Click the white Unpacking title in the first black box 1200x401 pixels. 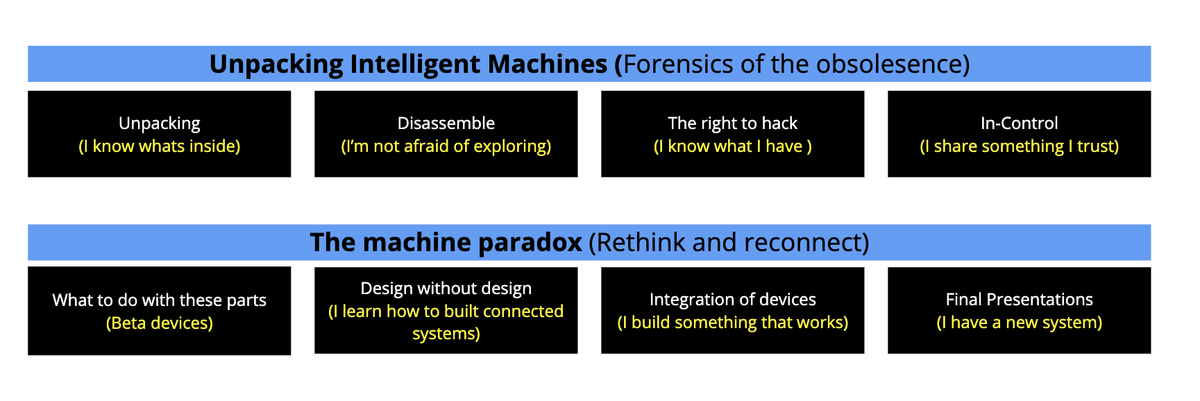coord(160,123)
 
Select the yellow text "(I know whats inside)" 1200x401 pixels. coord(160,146)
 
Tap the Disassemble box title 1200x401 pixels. coord(446,123)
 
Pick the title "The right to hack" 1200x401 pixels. coord(733,123)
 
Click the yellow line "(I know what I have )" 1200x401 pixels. coord(733,146)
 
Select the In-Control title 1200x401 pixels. coord(1020,123)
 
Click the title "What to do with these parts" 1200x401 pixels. coord(160,300)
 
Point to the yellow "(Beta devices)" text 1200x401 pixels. coord(160,323)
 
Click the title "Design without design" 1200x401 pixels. coord(446,289)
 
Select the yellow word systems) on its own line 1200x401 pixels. coord(446,334)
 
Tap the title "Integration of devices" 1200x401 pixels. coord(733,300)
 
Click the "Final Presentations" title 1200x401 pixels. coord(1020,300)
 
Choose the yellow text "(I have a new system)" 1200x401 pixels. coord(1020,323)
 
